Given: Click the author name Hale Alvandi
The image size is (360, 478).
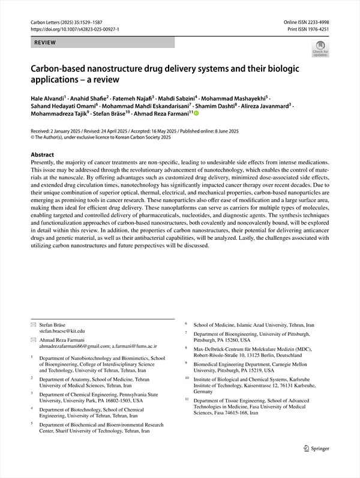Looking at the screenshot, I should point(49,97).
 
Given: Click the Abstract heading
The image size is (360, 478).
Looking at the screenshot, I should point(43,154).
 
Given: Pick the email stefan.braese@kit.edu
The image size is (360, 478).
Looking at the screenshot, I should point(62,330).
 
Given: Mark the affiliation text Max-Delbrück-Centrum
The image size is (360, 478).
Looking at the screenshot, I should point(225,348).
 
